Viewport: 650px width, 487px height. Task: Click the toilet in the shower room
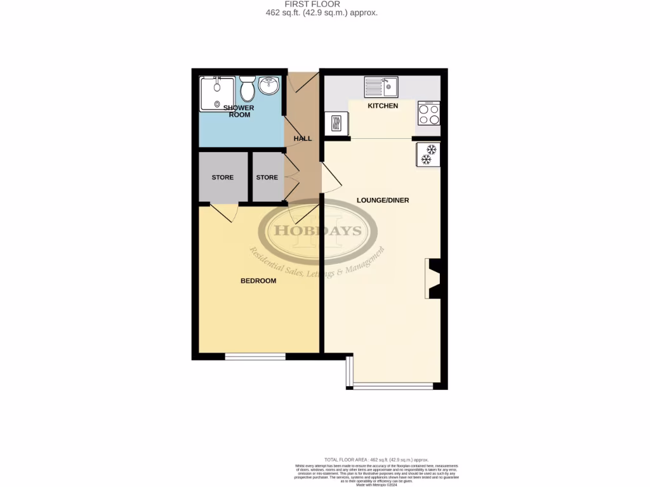pos(248,88)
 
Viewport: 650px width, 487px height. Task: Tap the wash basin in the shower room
pos(270,86)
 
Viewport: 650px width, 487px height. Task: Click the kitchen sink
pos(381,86)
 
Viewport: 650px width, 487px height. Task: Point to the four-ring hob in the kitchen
pos(429,114)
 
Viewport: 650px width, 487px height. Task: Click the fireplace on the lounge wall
pos(434,278)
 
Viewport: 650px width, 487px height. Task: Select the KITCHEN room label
pos(383,106)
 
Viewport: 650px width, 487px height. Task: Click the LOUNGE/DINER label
pos(383,200)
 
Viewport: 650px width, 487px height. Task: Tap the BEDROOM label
pos(258,281)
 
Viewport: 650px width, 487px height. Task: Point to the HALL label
pos(302,138)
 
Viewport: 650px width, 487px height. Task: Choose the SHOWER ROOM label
pos(241,111)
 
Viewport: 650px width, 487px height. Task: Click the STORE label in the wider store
pos(222,178)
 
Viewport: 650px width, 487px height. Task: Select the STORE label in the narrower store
pos(267,178)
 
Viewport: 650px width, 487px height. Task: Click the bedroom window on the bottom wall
pos(255,357)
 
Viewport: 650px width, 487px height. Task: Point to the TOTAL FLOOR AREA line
pos(376,459)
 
